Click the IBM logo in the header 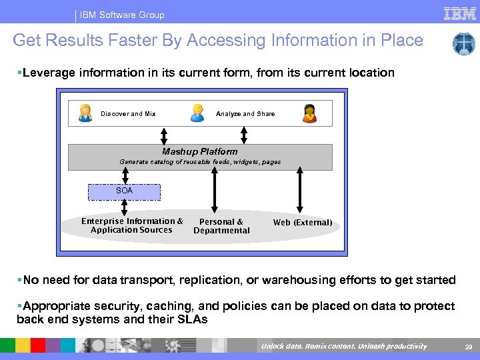click(x=459, y=13)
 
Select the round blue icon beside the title click(x=463, y=44)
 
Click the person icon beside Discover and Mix click(x=85, y=113)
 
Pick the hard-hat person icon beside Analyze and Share click(x=197, y=113)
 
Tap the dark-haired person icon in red click(x=309, y=113)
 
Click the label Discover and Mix click(x=128, y=114)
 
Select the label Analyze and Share click(x=245, y=114)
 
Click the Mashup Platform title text click(x=200, y=151)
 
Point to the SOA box click(x=125, y=191)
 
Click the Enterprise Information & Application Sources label click(x=132, y=225)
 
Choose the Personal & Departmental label click(x=221, y=226)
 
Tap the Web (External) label click(x=302, y=223)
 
